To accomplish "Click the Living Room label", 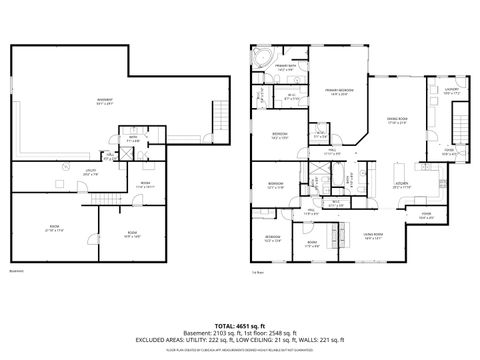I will tap(372, 235).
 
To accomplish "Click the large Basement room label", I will tap(104, 100).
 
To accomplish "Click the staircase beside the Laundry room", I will tap(460, 125).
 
